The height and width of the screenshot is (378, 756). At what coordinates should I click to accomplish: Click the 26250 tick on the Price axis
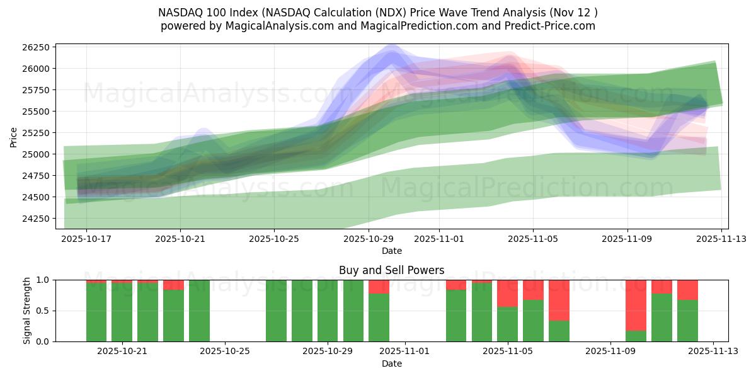tap(35, 47)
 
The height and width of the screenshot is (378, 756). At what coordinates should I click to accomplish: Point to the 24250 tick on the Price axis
tap(35, 219)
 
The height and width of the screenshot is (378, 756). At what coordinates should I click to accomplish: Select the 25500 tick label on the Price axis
tap(35, 112)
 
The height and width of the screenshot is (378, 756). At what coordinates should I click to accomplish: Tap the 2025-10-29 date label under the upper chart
tap(369, 239)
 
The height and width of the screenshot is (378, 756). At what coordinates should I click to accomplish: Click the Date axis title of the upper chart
tap(391, 251)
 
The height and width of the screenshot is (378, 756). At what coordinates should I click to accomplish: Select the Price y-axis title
tap(13, 136)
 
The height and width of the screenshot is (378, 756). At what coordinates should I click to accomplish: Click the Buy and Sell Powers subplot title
tap(391, 270)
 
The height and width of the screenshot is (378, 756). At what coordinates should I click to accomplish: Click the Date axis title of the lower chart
tap(391, 364)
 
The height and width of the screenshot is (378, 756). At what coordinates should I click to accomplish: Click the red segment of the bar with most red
tap(636, 305)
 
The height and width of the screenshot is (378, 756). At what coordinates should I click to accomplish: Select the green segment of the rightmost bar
tap(687, 320)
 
